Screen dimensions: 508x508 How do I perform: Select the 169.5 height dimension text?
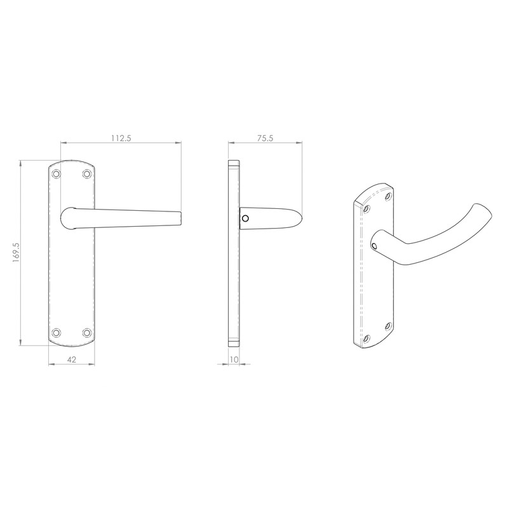pos(17,253)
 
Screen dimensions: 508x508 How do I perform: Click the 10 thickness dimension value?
pos(234,359)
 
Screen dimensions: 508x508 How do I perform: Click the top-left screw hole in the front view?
pos(57,173)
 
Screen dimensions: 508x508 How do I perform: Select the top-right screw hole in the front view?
pos(86,173)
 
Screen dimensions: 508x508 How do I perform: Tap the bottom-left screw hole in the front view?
pos(57,332)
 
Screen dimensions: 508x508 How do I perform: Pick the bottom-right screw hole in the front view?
pos(86,332)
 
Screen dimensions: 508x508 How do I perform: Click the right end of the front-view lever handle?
pos(179,218)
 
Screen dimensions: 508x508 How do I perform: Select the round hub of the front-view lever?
pos(68,218)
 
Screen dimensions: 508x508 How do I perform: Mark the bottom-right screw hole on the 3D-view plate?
pos(388,326)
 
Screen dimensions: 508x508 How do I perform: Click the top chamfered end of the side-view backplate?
pos(234,164)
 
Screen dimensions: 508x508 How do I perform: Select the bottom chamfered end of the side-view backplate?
pos(234,343)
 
